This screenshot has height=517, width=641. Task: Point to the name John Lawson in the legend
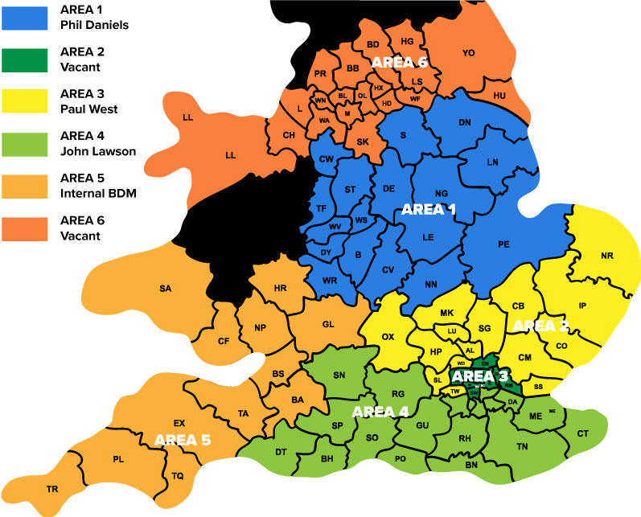97,150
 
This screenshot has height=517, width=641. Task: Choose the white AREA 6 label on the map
399,61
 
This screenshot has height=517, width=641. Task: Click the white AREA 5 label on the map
182,440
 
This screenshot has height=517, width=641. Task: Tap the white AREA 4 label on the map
380,412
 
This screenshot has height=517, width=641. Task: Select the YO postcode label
469,53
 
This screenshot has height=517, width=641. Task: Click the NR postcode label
606,257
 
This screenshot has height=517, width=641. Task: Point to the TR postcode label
52,489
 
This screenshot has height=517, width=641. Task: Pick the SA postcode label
166,288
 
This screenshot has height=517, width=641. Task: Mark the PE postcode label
504,243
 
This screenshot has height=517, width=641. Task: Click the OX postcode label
388,337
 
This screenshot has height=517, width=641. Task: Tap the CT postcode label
583,433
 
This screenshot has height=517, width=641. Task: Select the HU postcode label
499,96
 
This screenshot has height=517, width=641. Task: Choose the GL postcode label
328,323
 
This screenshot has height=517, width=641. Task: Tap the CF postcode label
224,341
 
